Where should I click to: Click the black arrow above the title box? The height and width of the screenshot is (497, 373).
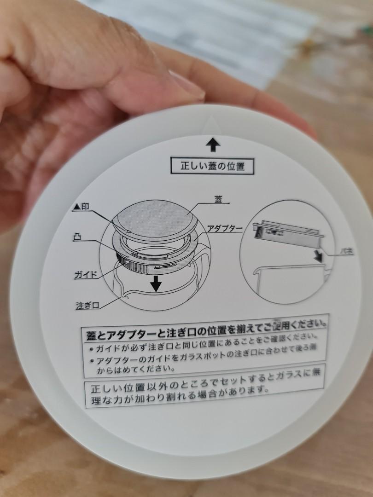[212, 145]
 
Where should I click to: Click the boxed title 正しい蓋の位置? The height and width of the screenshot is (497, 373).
[212, 166]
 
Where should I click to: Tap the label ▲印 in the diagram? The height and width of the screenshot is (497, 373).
[81, 208]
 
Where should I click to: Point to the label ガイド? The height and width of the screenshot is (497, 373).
[86, 275]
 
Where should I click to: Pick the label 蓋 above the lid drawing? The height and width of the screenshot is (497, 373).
[218, 199]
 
